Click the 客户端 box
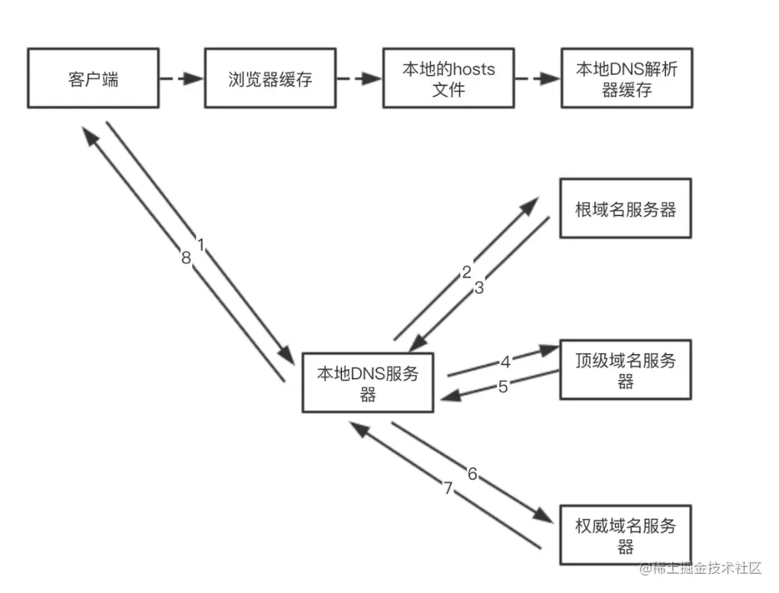point(93,79)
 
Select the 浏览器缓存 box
point(270,79)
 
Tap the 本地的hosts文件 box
point(448,79)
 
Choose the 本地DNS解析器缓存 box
point(626,79)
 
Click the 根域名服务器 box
point(626,209)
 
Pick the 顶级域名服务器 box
point(626,370)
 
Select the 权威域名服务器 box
point(626,536)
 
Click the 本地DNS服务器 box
point(368,383)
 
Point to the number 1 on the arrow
point(201,246)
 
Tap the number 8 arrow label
point(186,259)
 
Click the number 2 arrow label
point(467,272)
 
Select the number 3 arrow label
point(479,288)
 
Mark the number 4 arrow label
point(505,361)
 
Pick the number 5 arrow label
point(503,386)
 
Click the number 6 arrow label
point(472,474)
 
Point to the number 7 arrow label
point(449,489)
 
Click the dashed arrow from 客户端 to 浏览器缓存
point(181,79)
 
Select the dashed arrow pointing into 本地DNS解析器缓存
point(537,79)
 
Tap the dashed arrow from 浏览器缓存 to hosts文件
point(359,79)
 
